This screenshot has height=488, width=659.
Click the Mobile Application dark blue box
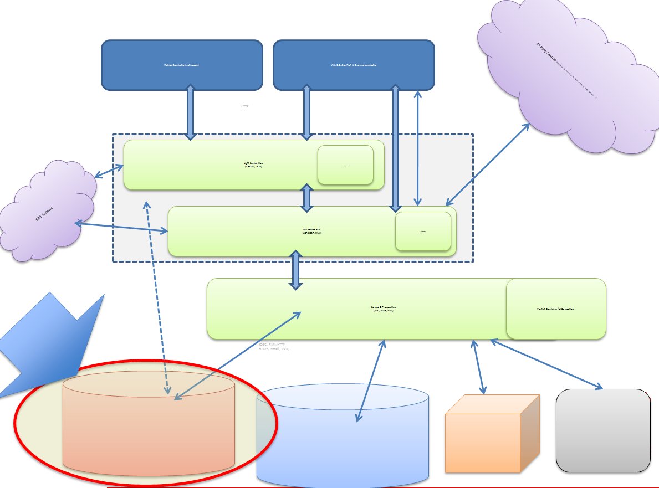(x=182, y=65)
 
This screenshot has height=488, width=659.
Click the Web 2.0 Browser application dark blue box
(x=354, y=65)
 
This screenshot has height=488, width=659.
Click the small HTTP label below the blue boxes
(x=245, y=106)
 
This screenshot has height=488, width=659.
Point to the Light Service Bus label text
(x=253, y=165)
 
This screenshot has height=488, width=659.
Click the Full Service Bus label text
(x=311, y=231)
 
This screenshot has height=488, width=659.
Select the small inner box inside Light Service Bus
(x=345, y=165)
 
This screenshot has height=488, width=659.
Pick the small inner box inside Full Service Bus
(x=423, y=231)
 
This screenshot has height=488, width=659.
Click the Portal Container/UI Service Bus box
(x=556, y=309)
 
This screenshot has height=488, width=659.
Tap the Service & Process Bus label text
(x=383, y=309)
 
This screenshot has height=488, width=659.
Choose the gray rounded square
(x=602, y=430)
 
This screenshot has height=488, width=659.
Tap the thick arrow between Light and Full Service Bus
(x=305, y=198)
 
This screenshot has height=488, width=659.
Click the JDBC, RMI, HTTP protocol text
(x=272, y=346)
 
